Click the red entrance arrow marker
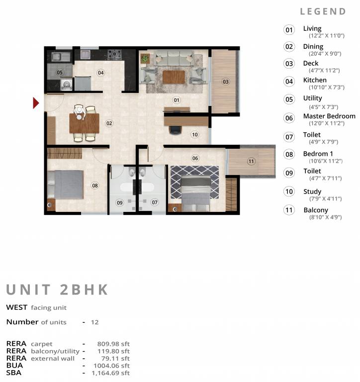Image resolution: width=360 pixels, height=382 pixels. coord(35,103)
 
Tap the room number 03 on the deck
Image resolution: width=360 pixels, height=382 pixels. coord(225,82)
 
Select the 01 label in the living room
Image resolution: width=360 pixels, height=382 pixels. coord(176,100)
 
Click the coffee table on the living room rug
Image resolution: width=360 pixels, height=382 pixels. coord(174,77)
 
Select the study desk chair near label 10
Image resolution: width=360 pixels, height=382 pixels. coord(176,130)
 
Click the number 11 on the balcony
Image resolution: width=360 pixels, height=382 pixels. coord(251,161)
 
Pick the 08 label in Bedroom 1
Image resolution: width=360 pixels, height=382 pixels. coord(95,186)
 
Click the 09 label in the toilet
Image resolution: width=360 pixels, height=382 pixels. coord(119,202)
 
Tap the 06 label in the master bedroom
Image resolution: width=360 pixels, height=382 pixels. coord(195,158)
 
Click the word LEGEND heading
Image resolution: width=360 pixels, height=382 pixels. coord(323,11)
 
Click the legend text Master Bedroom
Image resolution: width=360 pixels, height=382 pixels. coord(329,116)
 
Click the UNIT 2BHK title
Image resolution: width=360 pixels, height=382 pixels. coord(57,290)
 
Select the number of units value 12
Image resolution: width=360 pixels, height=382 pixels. coord(95,322)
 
